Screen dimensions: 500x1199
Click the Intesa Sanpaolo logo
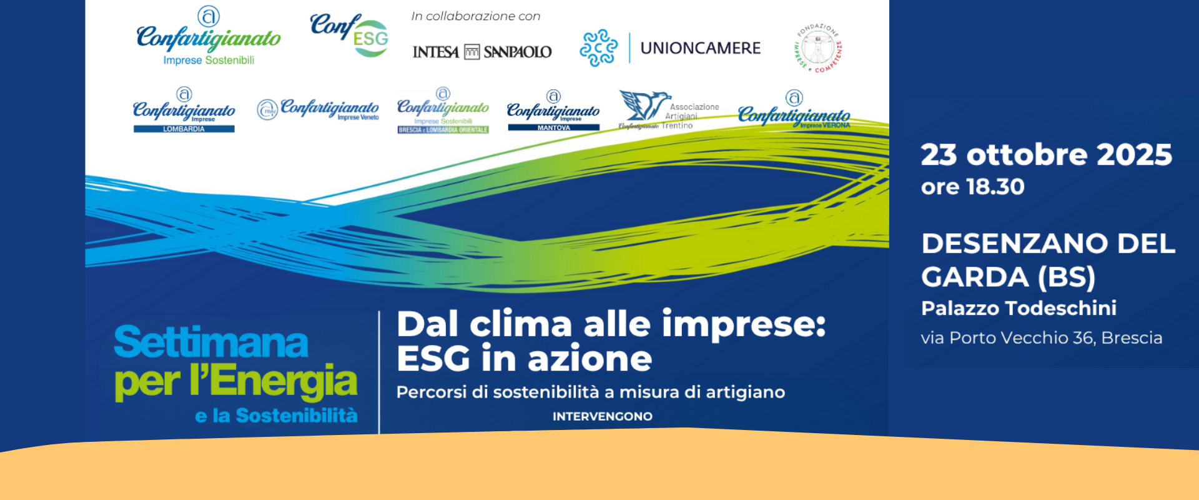tap(481, 52)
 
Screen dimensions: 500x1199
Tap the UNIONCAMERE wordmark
tap(700, 48)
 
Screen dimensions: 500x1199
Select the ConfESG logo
tap(350, 35)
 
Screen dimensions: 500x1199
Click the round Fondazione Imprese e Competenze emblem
tap(817, 48)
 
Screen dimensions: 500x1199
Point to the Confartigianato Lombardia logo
tap(184, 111)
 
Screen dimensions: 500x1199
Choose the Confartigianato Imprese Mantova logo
tap(553, 111)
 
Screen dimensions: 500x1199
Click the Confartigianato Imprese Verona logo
tap(794, 111)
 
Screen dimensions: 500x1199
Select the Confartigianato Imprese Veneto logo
tap(318, 109)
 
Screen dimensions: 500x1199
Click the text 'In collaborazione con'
tap(475, 16)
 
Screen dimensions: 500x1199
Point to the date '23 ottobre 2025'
tap(1046, 154)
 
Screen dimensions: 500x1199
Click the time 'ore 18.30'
tap(972, 187)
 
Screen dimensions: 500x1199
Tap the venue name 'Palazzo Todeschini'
tap(1019, 308)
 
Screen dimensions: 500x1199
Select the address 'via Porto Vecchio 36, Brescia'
tap(1041, 338)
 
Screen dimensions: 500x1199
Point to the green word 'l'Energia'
tap(274, 381)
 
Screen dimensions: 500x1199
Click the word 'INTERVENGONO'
tap(602, 416)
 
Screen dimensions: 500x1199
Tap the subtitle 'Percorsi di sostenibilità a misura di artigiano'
tap(590, 392)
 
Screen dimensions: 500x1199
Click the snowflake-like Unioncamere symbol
tap(598, 48)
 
